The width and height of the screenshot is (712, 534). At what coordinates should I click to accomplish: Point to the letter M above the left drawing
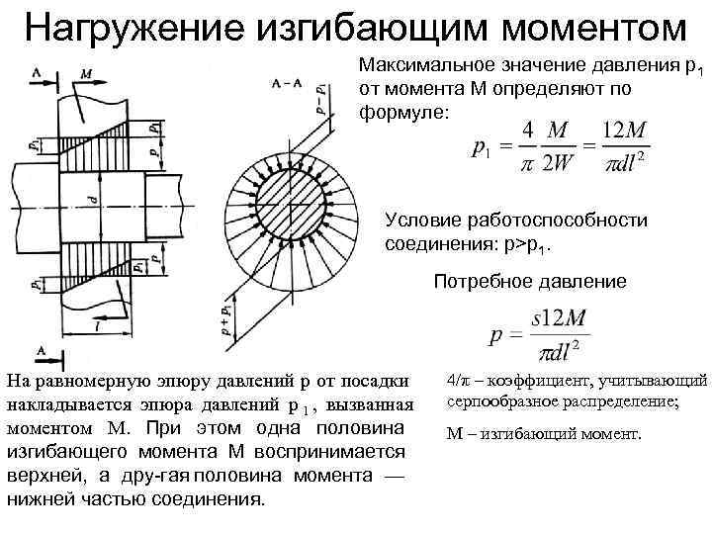[x=86, y=72]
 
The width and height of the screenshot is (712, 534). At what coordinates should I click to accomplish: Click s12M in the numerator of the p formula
[x=562, y=320]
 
